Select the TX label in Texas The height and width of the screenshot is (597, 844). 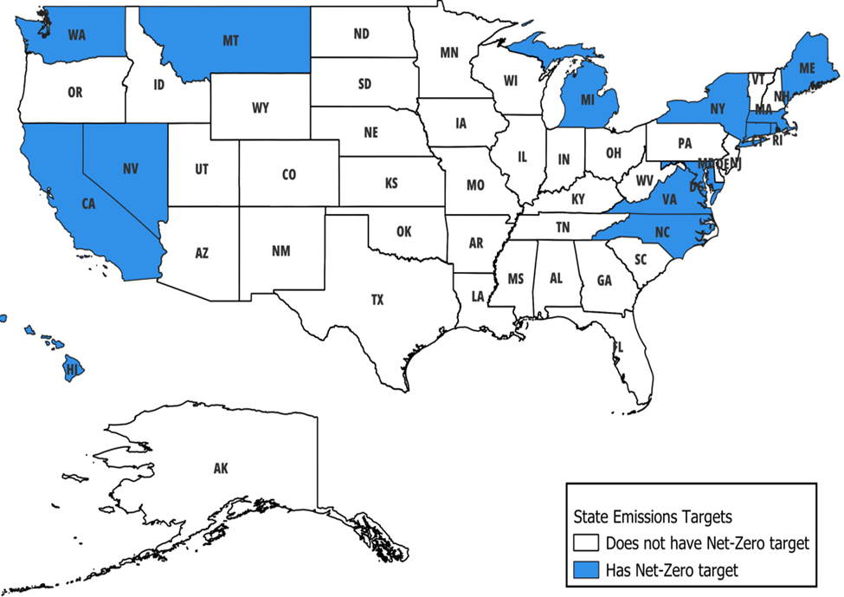[377, 300]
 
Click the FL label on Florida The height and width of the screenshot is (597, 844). [617, 347]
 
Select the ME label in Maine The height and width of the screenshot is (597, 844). [807, 68]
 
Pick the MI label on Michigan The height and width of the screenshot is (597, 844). [588, 101]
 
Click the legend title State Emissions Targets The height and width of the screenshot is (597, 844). [653, 517]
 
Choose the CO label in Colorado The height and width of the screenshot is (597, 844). [289, 175]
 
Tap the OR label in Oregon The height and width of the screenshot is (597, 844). [75, 92]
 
